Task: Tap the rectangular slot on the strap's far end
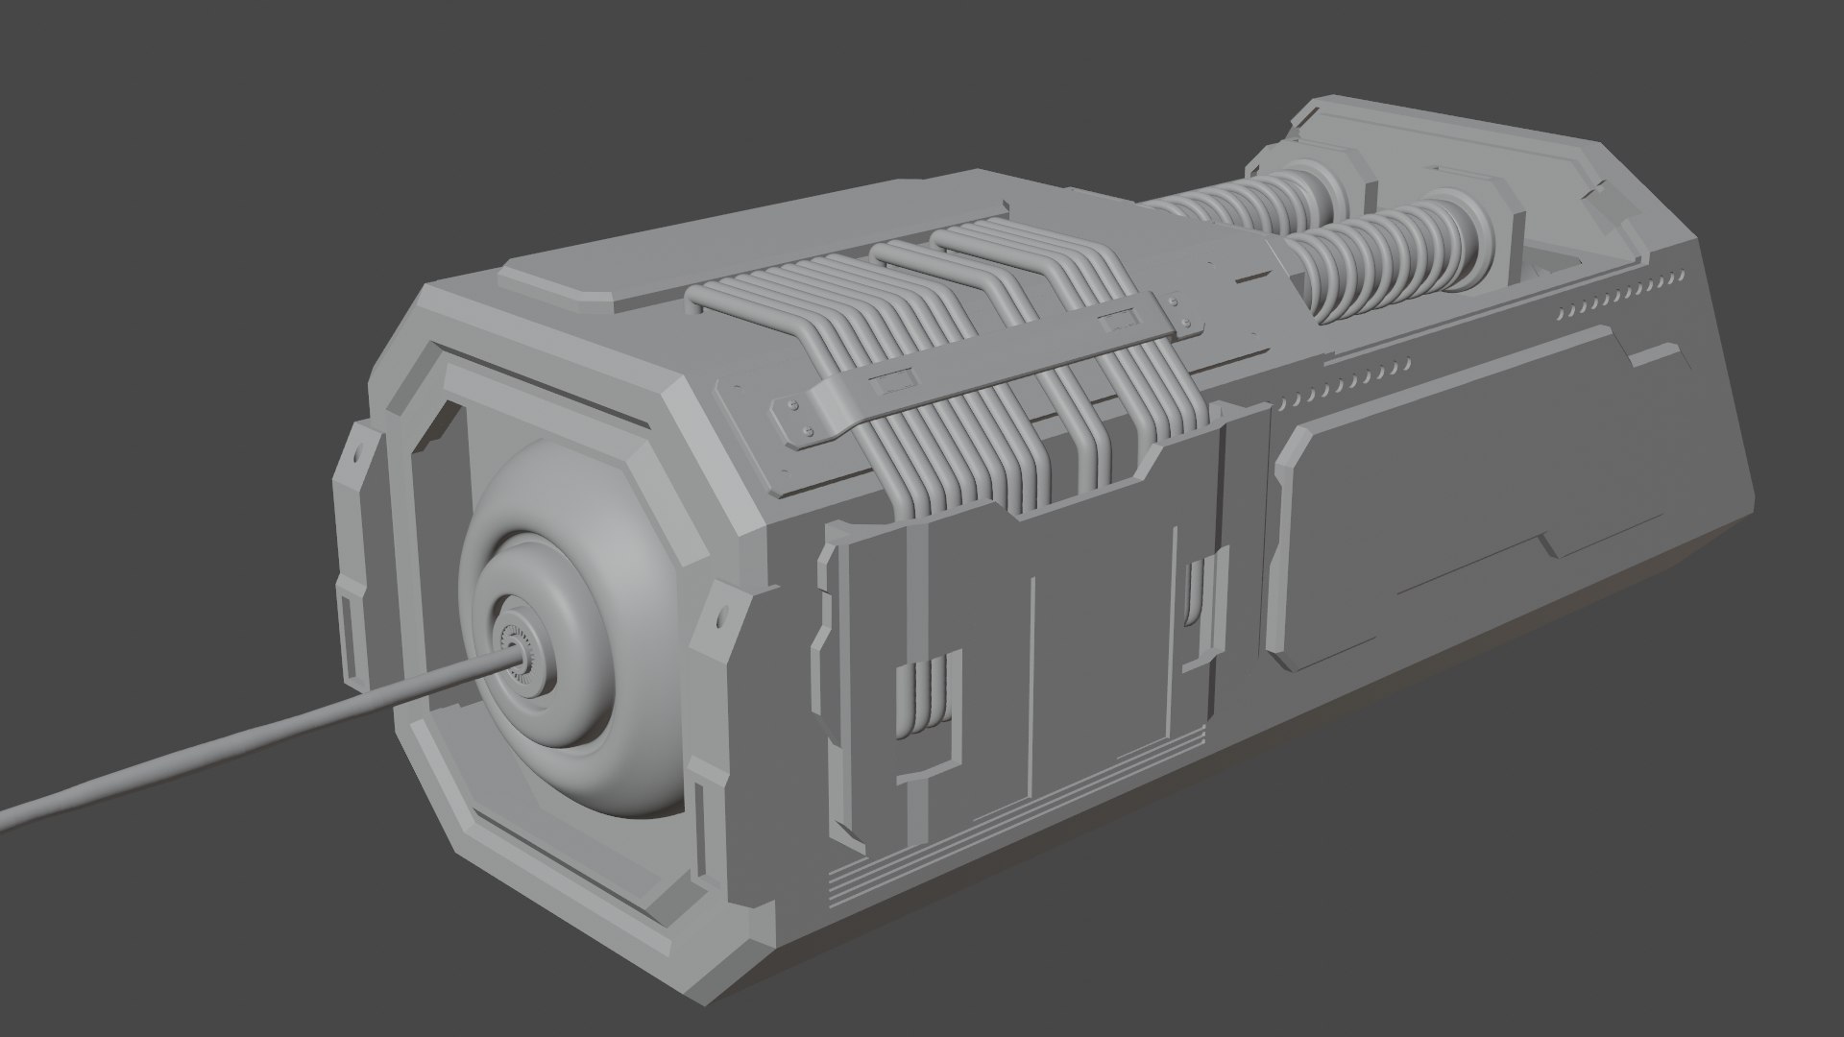coord(1119,318)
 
